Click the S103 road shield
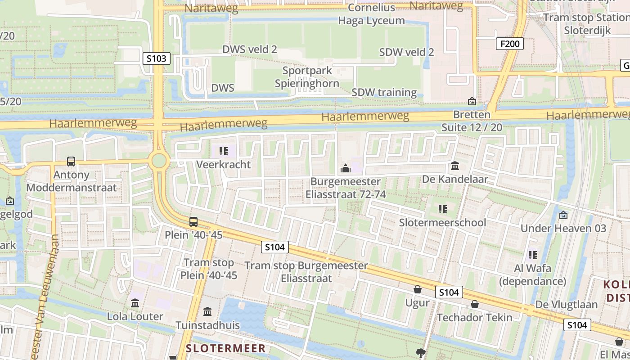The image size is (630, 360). point(157,58)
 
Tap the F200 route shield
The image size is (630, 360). point(510,44)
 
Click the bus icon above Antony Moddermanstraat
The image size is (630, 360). point(71,161)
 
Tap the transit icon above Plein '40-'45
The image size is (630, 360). point(193,221)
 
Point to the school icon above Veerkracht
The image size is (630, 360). point(223,151)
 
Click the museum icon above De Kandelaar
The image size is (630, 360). point(455,166)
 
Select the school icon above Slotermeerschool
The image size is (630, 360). point(443,209)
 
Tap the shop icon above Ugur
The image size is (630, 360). point(418,289)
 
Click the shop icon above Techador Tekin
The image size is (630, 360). point(474,304)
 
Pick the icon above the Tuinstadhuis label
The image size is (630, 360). point(207,311)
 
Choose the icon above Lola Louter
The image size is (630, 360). point(135,303)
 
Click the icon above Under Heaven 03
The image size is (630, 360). point(563,215)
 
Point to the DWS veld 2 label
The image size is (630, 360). point(250,49)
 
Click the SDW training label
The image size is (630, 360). point(384,92)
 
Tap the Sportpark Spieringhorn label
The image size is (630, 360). point(307,77)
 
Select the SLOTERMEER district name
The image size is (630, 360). point(226,348)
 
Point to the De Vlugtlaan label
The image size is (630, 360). point(566,305)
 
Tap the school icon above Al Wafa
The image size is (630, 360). point(533,255)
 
